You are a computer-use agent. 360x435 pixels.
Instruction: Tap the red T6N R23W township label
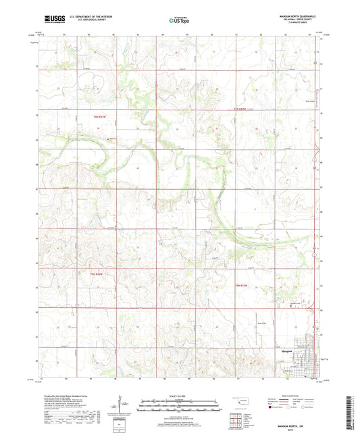click(97, 116)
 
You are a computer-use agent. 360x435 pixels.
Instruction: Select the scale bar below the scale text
click(178, 406)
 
